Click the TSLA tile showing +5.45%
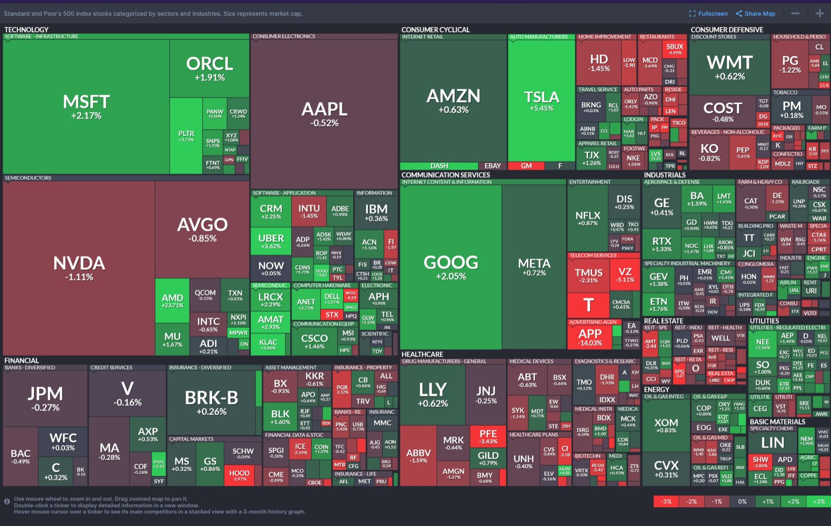pyautogui.click(x=541, y=100)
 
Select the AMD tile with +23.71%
pyautogui.click(x=172, y=301)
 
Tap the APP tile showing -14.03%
pyautogui.click(x=590, y=337)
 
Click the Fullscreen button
pyautogui.click(x=708, y=13)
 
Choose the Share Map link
pyautogui.click(x=756, y=13)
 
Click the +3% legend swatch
pyautogui.click(x=818, y=501)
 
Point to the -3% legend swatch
pyautogui.click(x=666, y=501)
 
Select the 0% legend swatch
pyautogui.click(x=742, y=501)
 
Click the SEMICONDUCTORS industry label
pyautogui.click(x=28, y=178)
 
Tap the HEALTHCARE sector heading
pyautogui.click(x=422, y=354)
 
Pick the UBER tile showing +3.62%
pyautogui.click(x=271, y=241)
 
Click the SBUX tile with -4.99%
pyautogui.click(x=675, y=49)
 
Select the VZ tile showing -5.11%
pyautogui.click(x=625, y=275)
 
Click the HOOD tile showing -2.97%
pyautogui.click(x=239, y=475)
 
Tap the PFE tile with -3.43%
pyautogui.click(x=488, y=436)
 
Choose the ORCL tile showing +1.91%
pyautogui.click(x=209, y=68)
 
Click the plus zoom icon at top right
pyautogui.click(x=819, y=13)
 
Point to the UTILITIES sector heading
pyautogui.click(x=764, y=321)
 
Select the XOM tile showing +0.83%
pyautogui.click(x=666, y=425)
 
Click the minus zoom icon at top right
pyautogui.click(x=796, y=13)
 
